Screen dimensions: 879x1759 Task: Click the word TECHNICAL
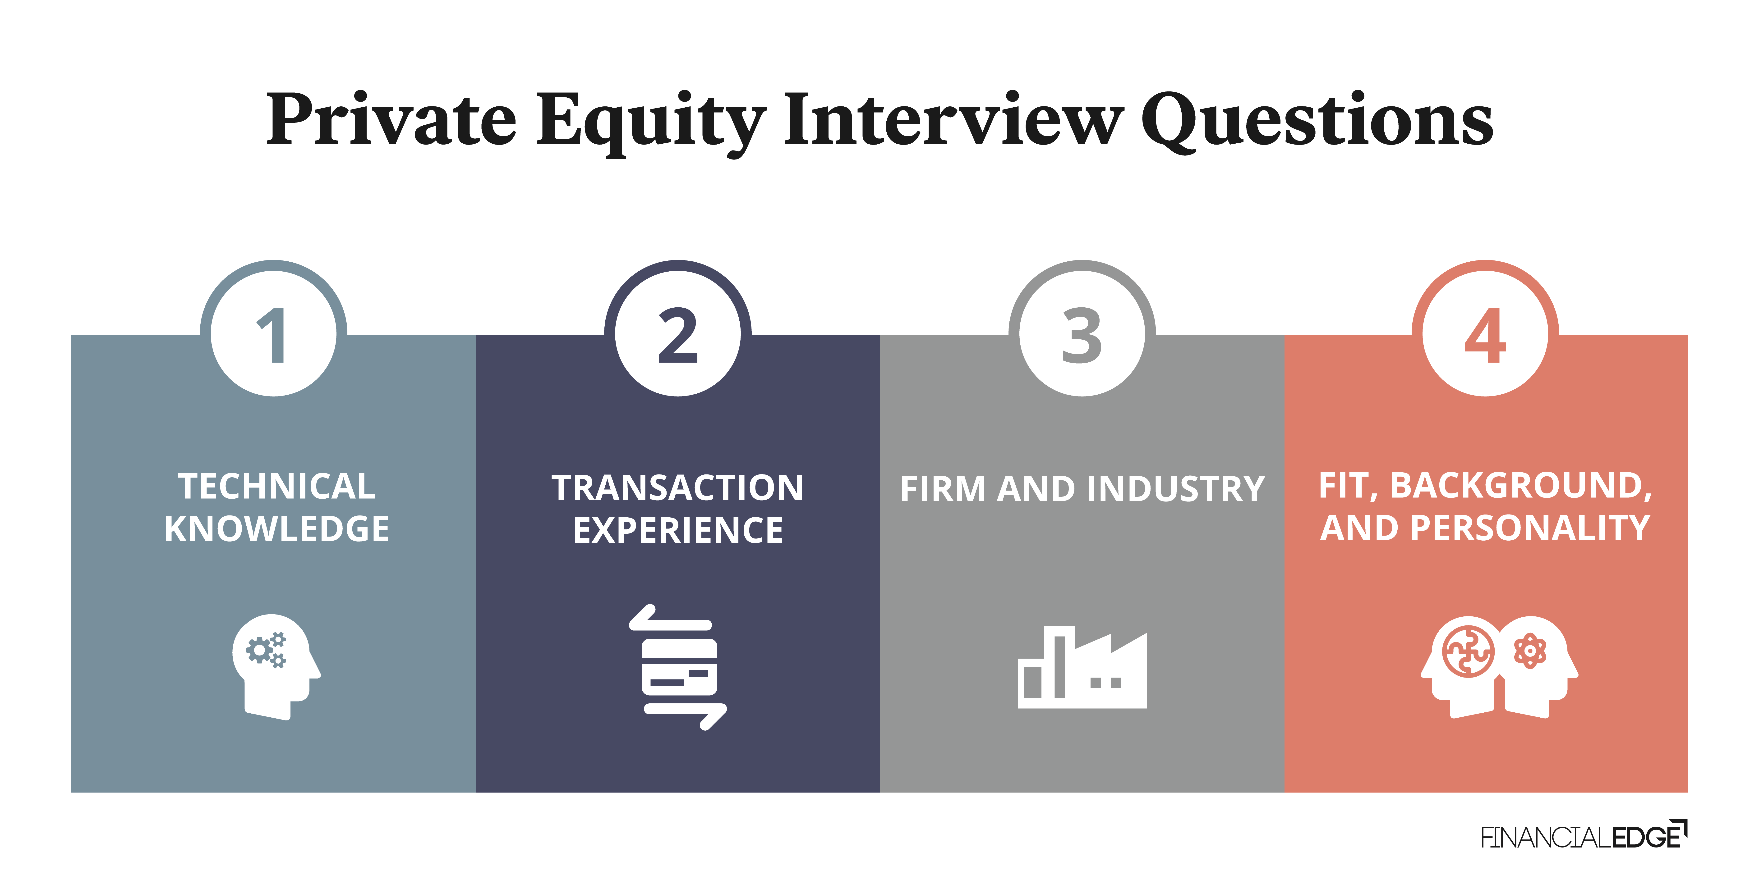pos(276,487)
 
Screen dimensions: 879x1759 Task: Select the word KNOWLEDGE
pos(276,529)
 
